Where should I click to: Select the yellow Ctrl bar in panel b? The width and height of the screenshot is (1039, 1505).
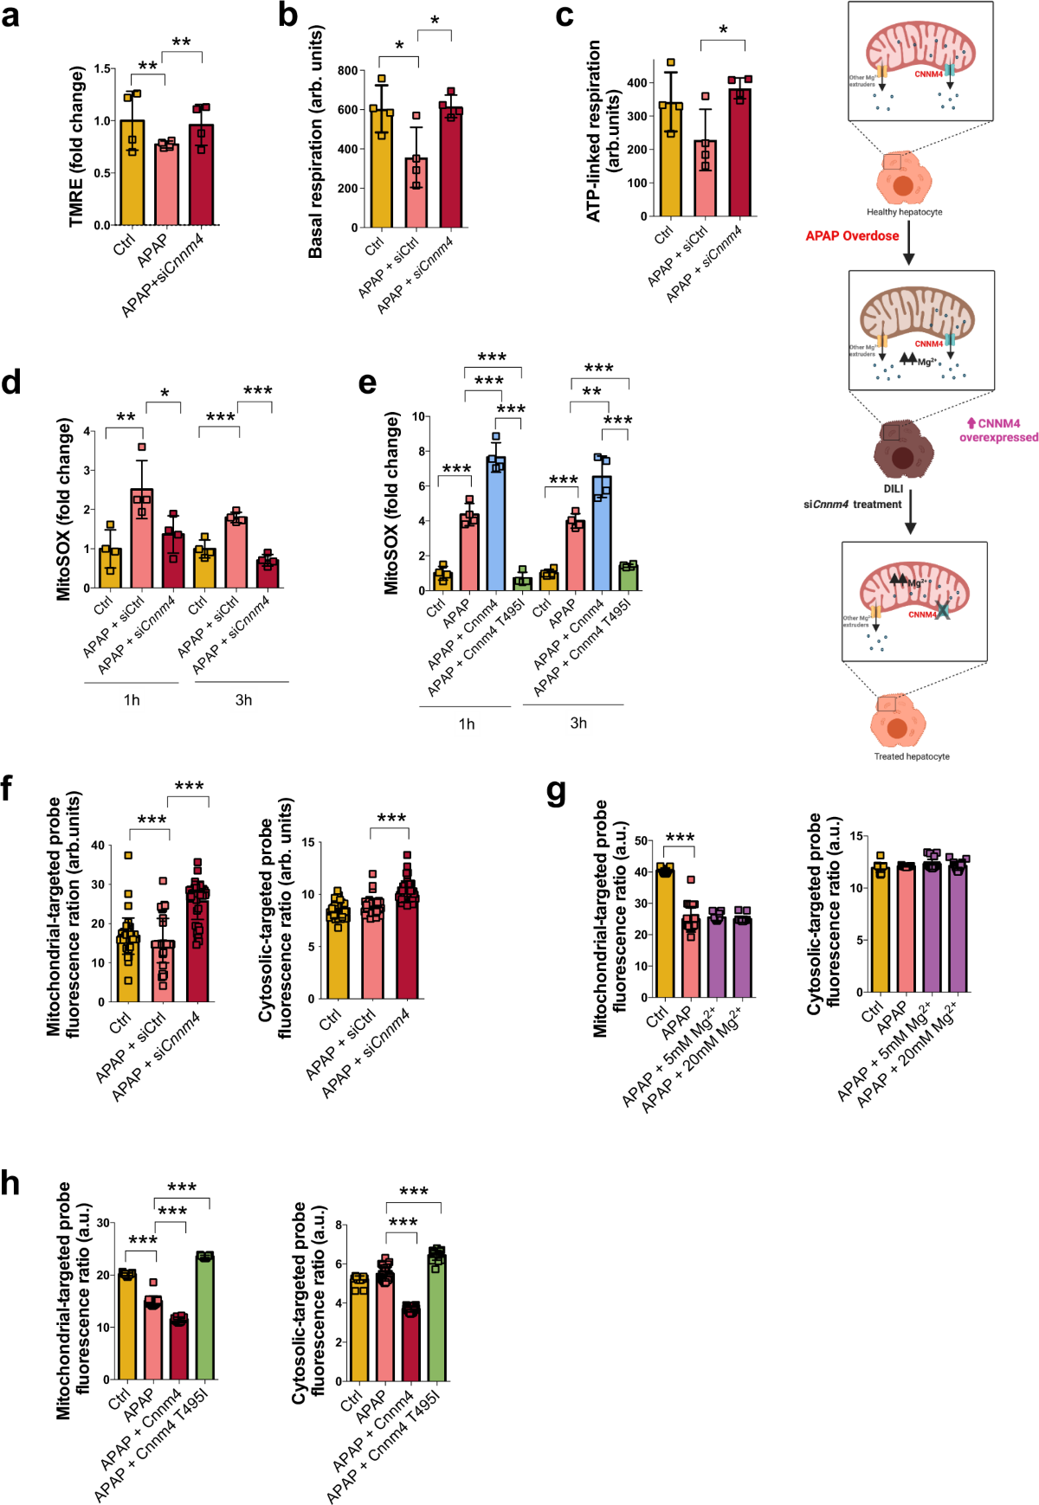click(381, 169)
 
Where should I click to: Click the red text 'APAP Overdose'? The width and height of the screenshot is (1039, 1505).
click(852, 235)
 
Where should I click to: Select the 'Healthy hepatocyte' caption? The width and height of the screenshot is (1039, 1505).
click(904, 212)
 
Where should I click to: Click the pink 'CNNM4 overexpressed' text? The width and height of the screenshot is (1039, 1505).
click(998, 430)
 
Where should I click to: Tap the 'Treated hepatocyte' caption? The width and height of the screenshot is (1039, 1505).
click(911, 756)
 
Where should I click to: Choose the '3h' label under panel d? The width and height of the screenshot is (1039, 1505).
click(243, 700)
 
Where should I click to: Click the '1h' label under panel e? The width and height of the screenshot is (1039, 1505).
click(466, 724)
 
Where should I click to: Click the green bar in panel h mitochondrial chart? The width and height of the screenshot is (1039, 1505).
click(204, 1315)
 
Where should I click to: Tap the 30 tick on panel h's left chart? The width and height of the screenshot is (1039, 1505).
click(103, 1223)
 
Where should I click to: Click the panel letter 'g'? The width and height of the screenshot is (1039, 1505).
click(557, 792)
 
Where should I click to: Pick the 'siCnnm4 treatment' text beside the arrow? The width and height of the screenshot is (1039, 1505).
click(852, 504)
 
